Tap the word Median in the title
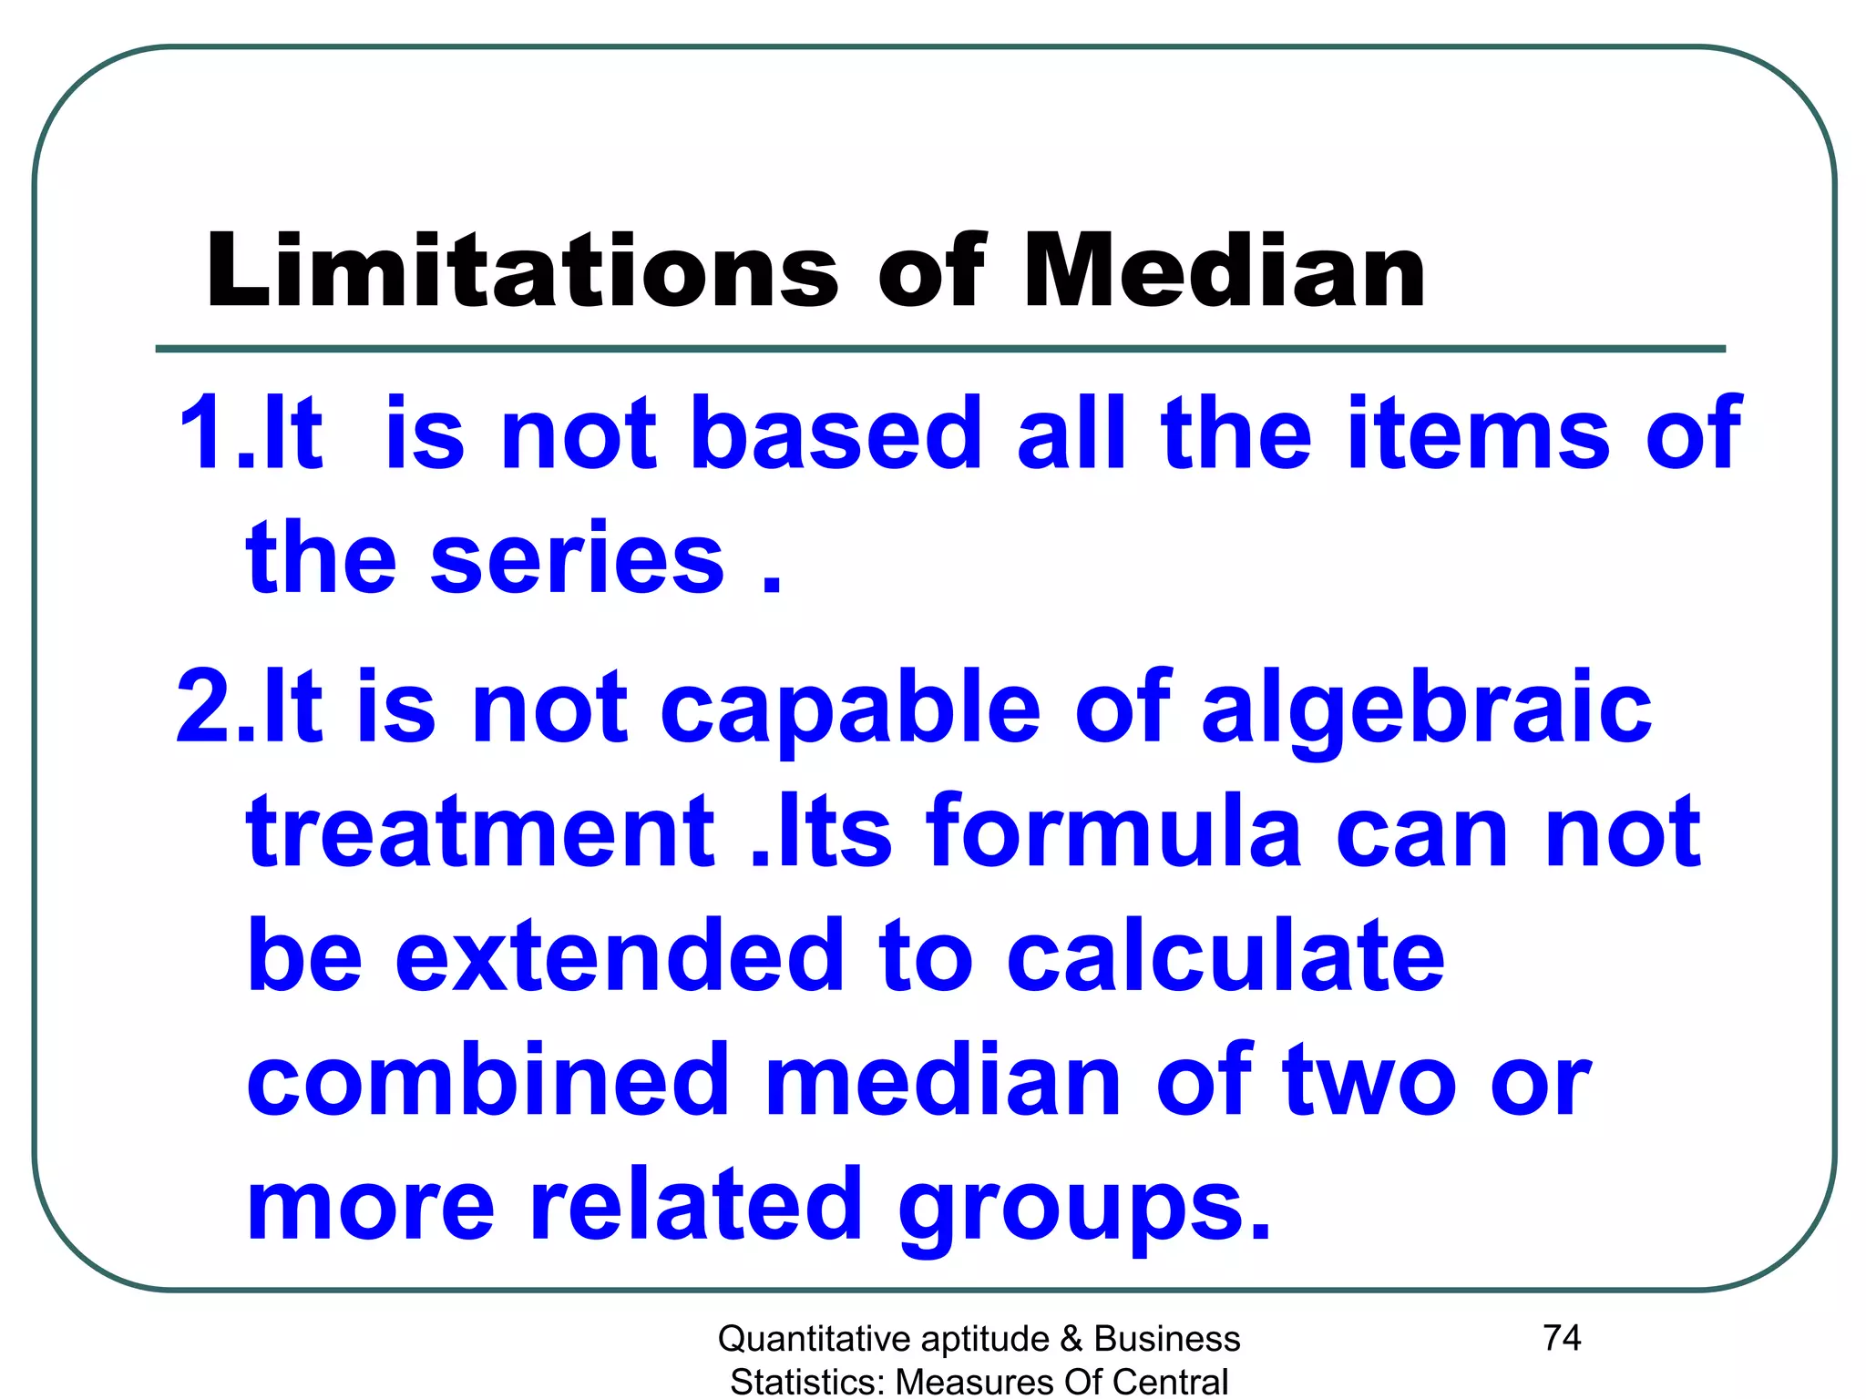[1224, 271]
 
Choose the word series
[577, 558]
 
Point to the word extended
[620, 955]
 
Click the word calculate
[1225, 955]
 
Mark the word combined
[488, 1080]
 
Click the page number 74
[1562, 1337]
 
